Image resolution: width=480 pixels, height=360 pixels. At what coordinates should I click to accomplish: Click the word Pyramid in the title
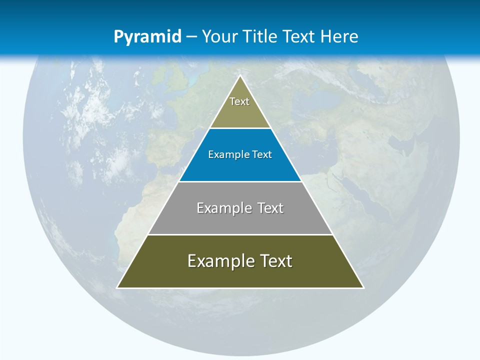(x=147, y=37)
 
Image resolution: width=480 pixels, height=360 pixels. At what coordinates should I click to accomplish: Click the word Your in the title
(x=219, y=36)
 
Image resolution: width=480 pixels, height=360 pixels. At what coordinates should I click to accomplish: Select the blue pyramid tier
(x=240, y=167)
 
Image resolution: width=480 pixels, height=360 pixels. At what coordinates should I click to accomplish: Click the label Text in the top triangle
(x=239, y=101)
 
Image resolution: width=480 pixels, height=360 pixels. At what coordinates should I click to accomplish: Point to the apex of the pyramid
(x=240, y=76)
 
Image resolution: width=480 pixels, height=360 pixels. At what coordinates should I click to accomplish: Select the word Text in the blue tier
(x=262, y=154)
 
